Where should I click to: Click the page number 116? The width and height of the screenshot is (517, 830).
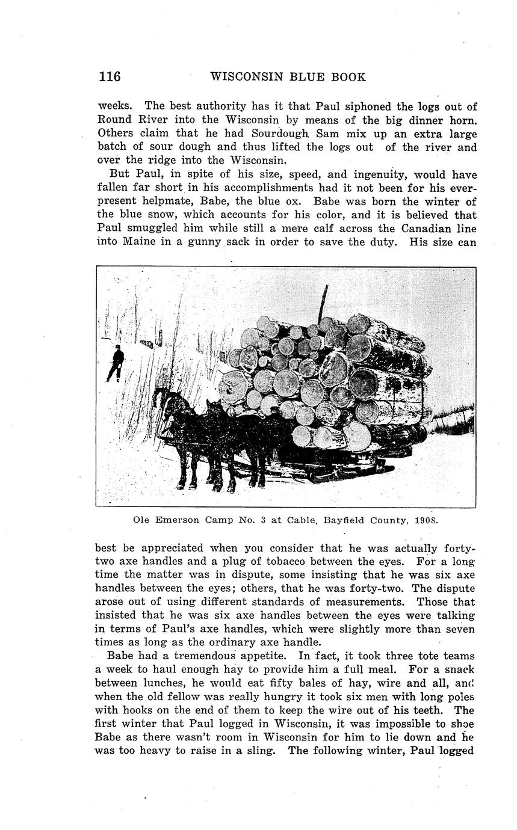tap(110, 77)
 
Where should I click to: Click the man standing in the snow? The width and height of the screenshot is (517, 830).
tap(116, 363)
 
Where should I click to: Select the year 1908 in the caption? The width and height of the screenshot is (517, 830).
tap(427, 519)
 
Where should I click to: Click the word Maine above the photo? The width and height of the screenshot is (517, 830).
tap(140, 242)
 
